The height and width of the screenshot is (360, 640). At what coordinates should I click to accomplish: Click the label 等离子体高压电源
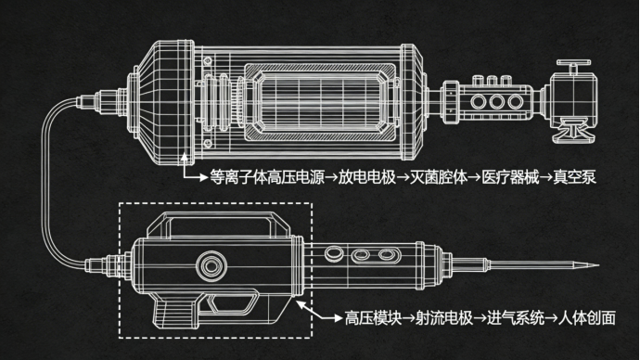267,177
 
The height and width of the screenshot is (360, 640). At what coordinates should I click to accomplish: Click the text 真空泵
575,177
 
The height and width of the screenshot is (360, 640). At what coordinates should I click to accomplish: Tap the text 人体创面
587,318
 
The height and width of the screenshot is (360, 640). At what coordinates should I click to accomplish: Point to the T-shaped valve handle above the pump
573,66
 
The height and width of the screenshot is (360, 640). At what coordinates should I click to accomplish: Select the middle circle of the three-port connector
497,102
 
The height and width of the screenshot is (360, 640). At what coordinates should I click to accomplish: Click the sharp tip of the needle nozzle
599,265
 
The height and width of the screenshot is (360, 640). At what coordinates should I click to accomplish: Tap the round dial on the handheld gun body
211,266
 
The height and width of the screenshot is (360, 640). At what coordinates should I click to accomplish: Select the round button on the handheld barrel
334,253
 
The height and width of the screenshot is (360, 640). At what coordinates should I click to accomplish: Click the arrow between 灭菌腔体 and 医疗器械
474,177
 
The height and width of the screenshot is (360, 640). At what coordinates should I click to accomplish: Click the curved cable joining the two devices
45,184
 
